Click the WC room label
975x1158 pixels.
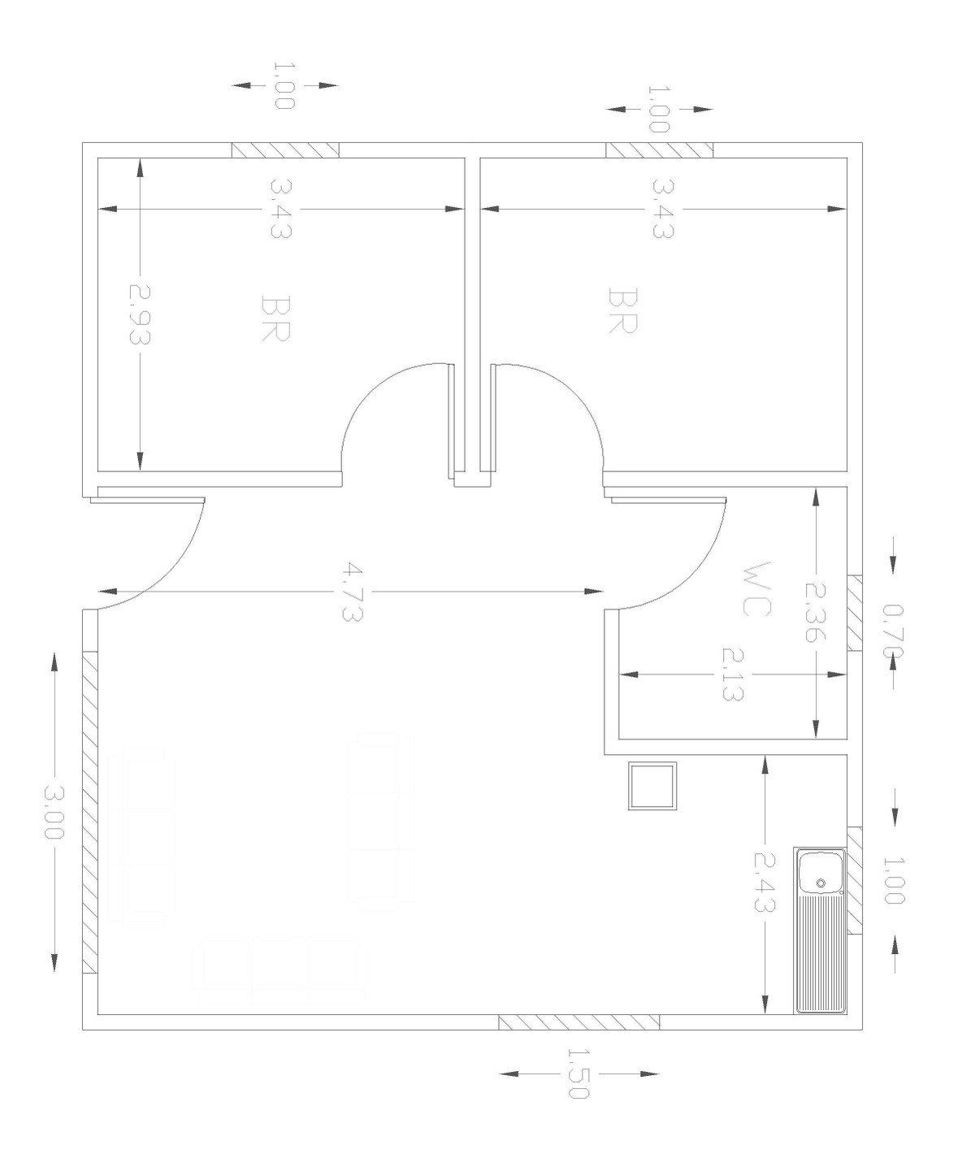coord(756,589)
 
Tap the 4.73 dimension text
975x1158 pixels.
coord(352,592)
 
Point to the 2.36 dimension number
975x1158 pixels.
coord(815,612)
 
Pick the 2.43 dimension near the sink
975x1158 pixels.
coord(765,890)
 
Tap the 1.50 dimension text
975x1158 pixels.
coord(578,1073)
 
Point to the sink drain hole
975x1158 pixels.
coord(821,883)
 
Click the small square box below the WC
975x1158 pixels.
coord(652,786)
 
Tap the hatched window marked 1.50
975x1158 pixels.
coord(579,1022)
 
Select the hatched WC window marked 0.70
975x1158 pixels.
coord(855,612)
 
